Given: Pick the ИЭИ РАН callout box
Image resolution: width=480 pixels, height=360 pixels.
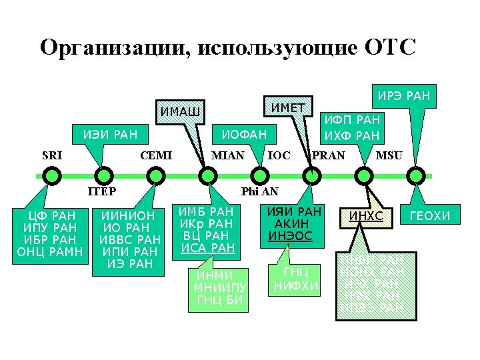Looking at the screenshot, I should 110,135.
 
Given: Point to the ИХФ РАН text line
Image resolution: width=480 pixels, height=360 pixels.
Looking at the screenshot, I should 351,135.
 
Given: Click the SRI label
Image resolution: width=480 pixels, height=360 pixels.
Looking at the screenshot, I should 52,156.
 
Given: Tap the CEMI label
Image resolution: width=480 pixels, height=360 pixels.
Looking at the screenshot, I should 156,156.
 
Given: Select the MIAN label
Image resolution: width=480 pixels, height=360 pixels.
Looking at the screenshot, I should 227,156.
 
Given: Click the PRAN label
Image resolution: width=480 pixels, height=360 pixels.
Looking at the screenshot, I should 329,156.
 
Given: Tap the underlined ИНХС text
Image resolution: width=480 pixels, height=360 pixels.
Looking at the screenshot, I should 367,216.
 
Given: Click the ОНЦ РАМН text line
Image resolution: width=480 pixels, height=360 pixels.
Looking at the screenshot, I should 50,251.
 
